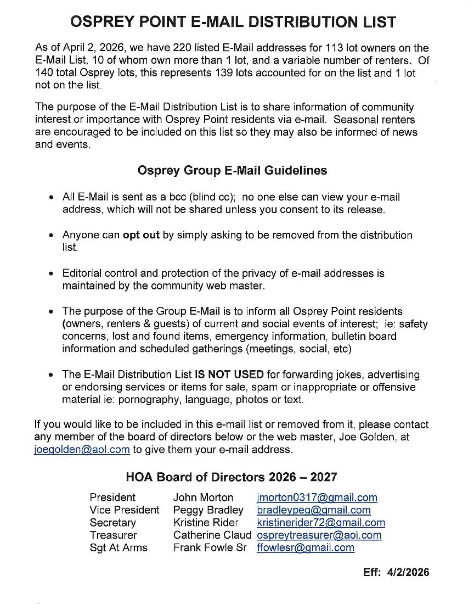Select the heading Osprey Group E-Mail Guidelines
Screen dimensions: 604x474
click(x=232, y=171)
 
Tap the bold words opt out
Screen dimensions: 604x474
click(x=141, y=235)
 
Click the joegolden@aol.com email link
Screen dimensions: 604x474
click(x=82, y=450)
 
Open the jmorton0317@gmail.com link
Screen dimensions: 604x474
click(x=317, y=497)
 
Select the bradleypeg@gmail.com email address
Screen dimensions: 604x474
click(x=313, y=510)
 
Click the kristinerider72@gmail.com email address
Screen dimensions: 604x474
click(x=320, y=523)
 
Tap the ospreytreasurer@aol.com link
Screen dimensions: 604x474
click(x=319, y=535)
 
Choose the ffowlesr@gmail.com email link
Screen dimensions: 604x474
click(x=305, y=547)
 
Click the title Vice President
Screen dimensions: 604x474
click(x=125, y=510)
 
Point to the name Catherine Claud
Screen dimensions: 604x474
click(x=212, y=535)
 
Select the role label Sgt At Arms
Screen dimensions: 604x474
click(x=119, y=547)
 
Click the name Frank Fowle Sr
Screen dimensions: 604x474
click(x=210, y=547)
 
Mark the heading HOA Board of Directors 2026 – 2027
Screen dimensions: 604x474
click(x=232, y=477)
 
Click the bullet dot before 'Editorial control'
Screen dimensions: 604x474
click(x=51, y=273)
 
